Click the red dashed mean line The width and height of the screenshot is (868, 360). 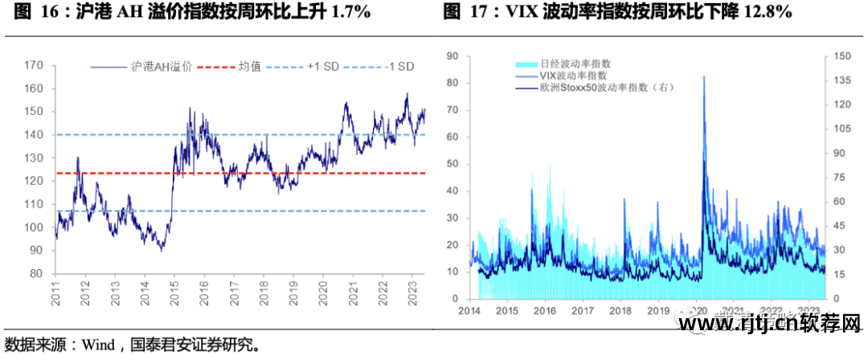coord(241,173)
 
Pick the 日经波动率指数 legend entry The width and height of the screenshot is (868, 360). coord(574,63)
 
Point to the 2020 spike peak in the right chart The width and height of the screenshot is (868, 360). coord(704,77)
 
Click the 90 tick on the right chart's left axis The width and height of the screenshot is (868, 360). coord(452,55)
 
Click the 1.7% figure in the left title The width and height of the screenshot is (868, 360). coord(350,12)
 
